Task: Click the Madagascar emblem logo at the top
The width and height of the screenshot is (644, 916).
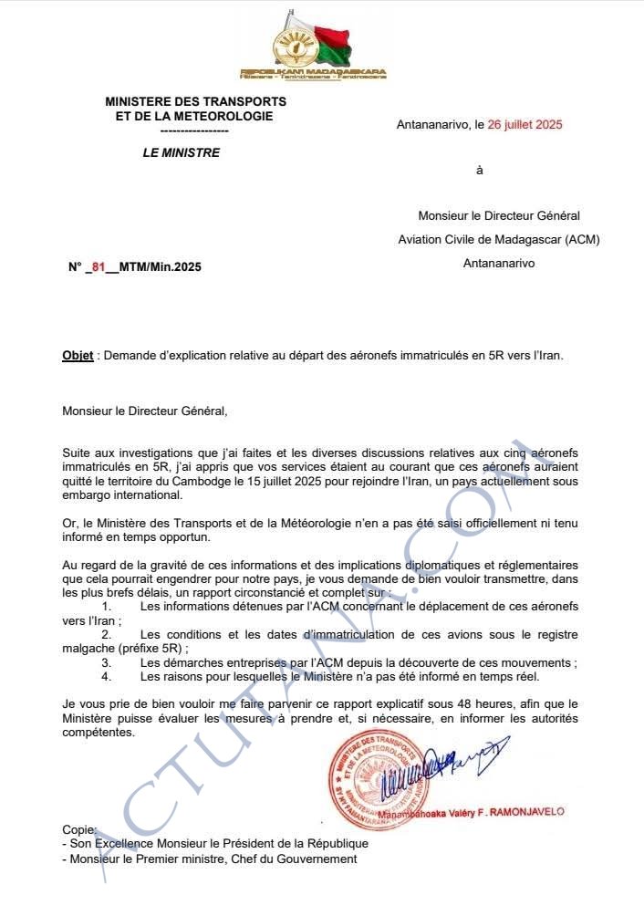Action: [x=313, y=46]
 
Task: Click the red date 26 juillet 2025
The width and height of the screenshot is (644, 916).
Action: [x=525, y=125]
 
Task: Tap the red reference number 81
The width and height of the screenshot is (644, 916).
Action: [x=99, y=266]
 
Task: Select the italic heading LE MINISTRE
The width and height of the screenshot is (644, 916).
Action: [x=181, y=152]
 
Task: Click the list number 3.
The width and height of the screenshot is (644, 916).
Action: [x=107, y=663]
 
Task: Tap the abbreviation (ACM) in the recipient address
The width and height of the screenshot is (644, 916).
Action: [x=582, y=239]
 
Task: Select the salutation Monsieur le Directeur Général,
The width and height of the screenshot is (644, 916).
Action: [x=144, y=411]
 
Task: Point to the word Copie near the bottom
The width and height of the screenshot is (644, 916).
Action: [x=78, y=829]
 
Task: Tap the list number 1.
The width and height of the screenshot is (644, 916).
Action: [x=107, y=606]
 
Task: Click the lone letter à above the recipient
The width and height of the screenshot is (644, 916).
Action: [x=480, y=171]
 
